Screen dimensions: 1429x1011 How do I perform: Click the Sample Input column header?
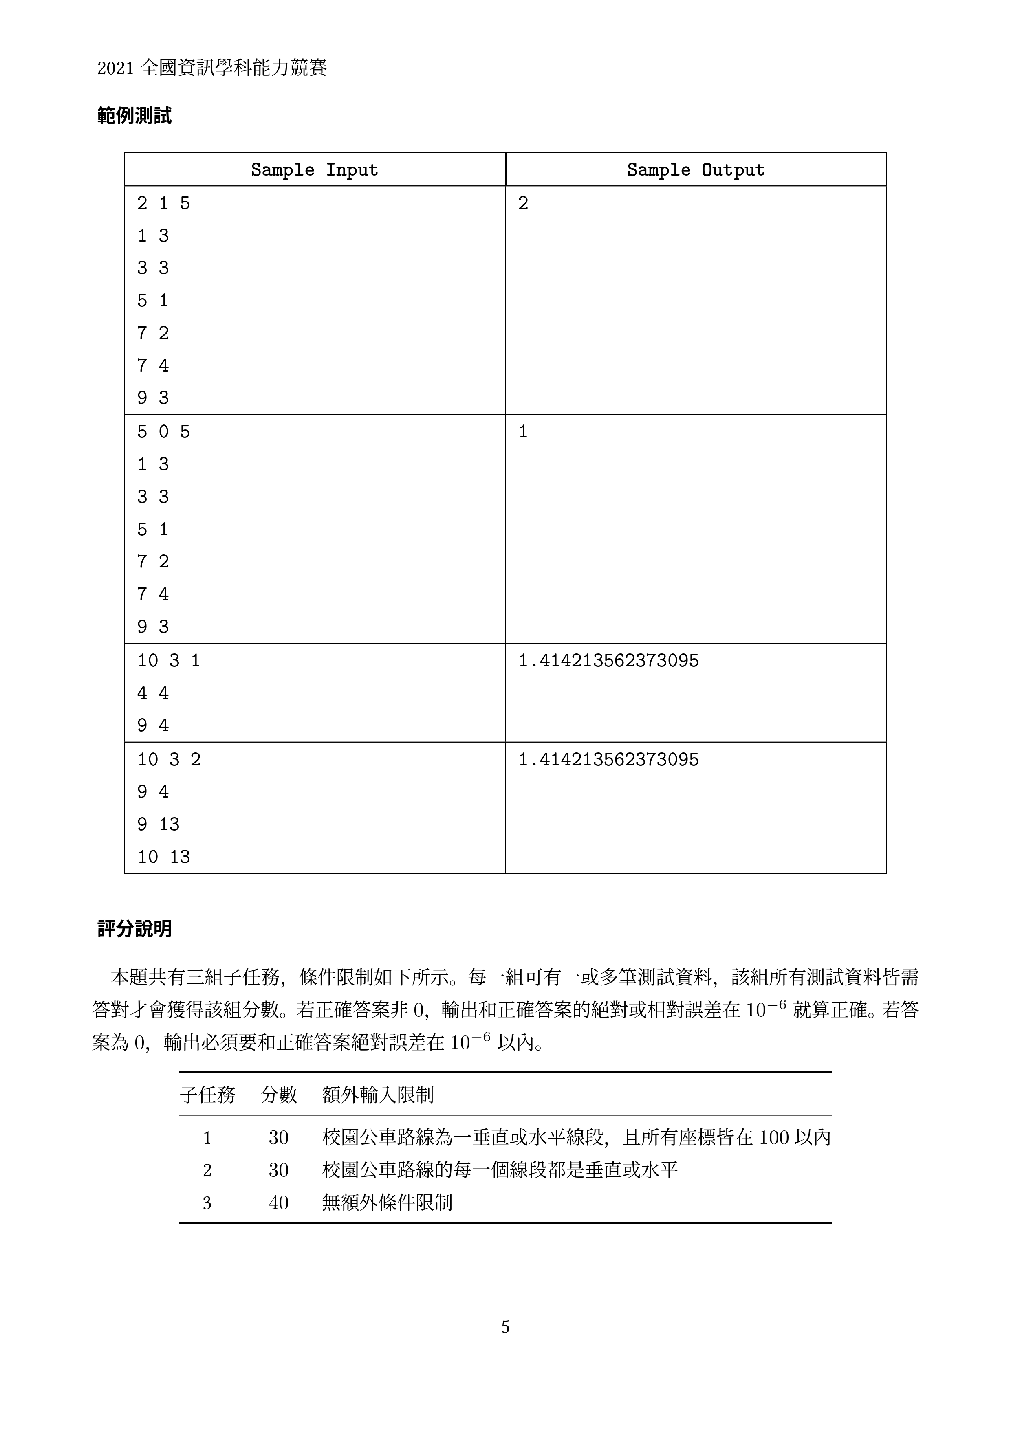tap(314, 170)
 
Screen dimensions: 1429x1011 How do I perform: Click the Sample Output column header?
tap(695, 170)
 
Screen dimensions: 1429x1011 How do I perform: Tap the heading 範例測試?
tap(134, 116)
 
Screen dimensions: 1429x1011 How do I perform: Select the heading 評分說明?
tap(134, 929)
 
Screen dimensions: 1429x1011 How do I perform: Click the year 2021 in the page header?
tap(116, 68)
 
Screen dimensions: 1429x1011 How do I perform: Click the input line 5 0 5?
tap(163, 432)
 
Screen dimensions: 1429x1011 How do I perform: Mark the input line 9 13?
tap(158, 824)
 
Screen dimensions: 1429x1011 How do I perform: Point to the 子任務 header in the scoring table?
tap(207, 1095)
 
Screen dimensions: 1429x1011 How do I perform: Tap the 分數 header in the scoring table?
tap(278, 1095)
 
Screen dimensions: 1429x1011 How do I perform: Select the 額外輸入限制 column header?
tap(378, 1095)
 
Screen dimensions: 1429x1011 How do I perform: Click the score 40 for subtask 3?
tap(278, 1203)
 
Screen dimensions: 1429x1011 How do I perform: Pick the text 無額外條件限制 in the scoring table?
tap(387, 1203)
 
